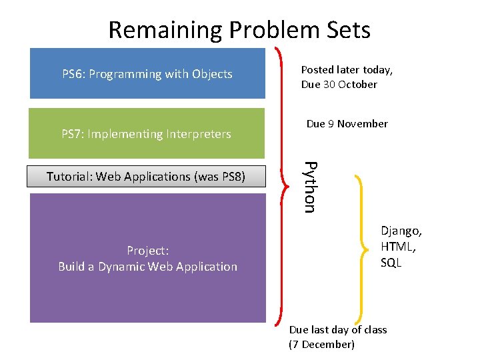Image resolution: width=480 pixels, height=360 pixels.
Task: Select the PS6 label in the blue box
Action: (x=73, y=74)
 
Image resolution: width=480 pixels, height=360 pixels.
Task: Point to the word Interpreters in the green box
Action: (x=197, y=134)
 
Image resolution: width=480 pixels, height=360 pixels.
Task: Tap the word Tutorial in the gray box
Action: (x=69, y=177)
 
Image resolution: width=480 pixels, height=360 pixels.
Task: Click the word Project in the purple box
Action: (x=147, y=251)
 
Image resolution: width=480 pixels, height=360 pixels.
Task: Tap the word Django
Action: (x=401, y=231)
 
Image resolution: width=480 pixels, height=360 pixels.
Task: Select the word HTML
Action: (x=397, y=247)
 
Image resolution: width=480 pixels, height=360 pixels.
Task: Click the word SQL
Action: (x=391, y=263)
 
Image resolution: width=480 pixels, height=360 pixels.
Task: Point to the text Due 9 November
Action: (x=347, y=124)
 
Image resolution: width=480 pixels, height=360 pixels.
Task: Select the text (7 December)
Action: (x=321, y=345)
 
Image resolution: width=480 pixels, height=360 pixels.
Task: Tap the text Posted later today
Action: (x=347, y=69)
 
